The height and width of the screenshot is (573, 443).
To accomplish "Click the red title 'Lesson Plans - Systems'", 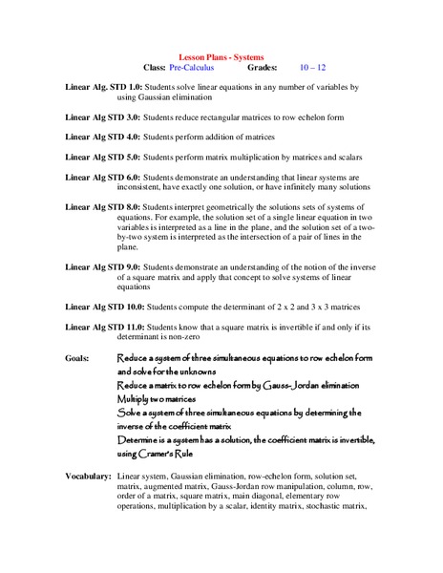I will click(x=221, y=56).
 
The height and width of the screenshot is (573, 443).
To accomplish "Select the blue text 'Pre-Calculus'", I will click(x=191, y=68).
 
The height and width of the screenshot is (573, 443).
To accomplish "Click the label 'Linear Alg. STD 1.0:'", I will click(x=103, y=87).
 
